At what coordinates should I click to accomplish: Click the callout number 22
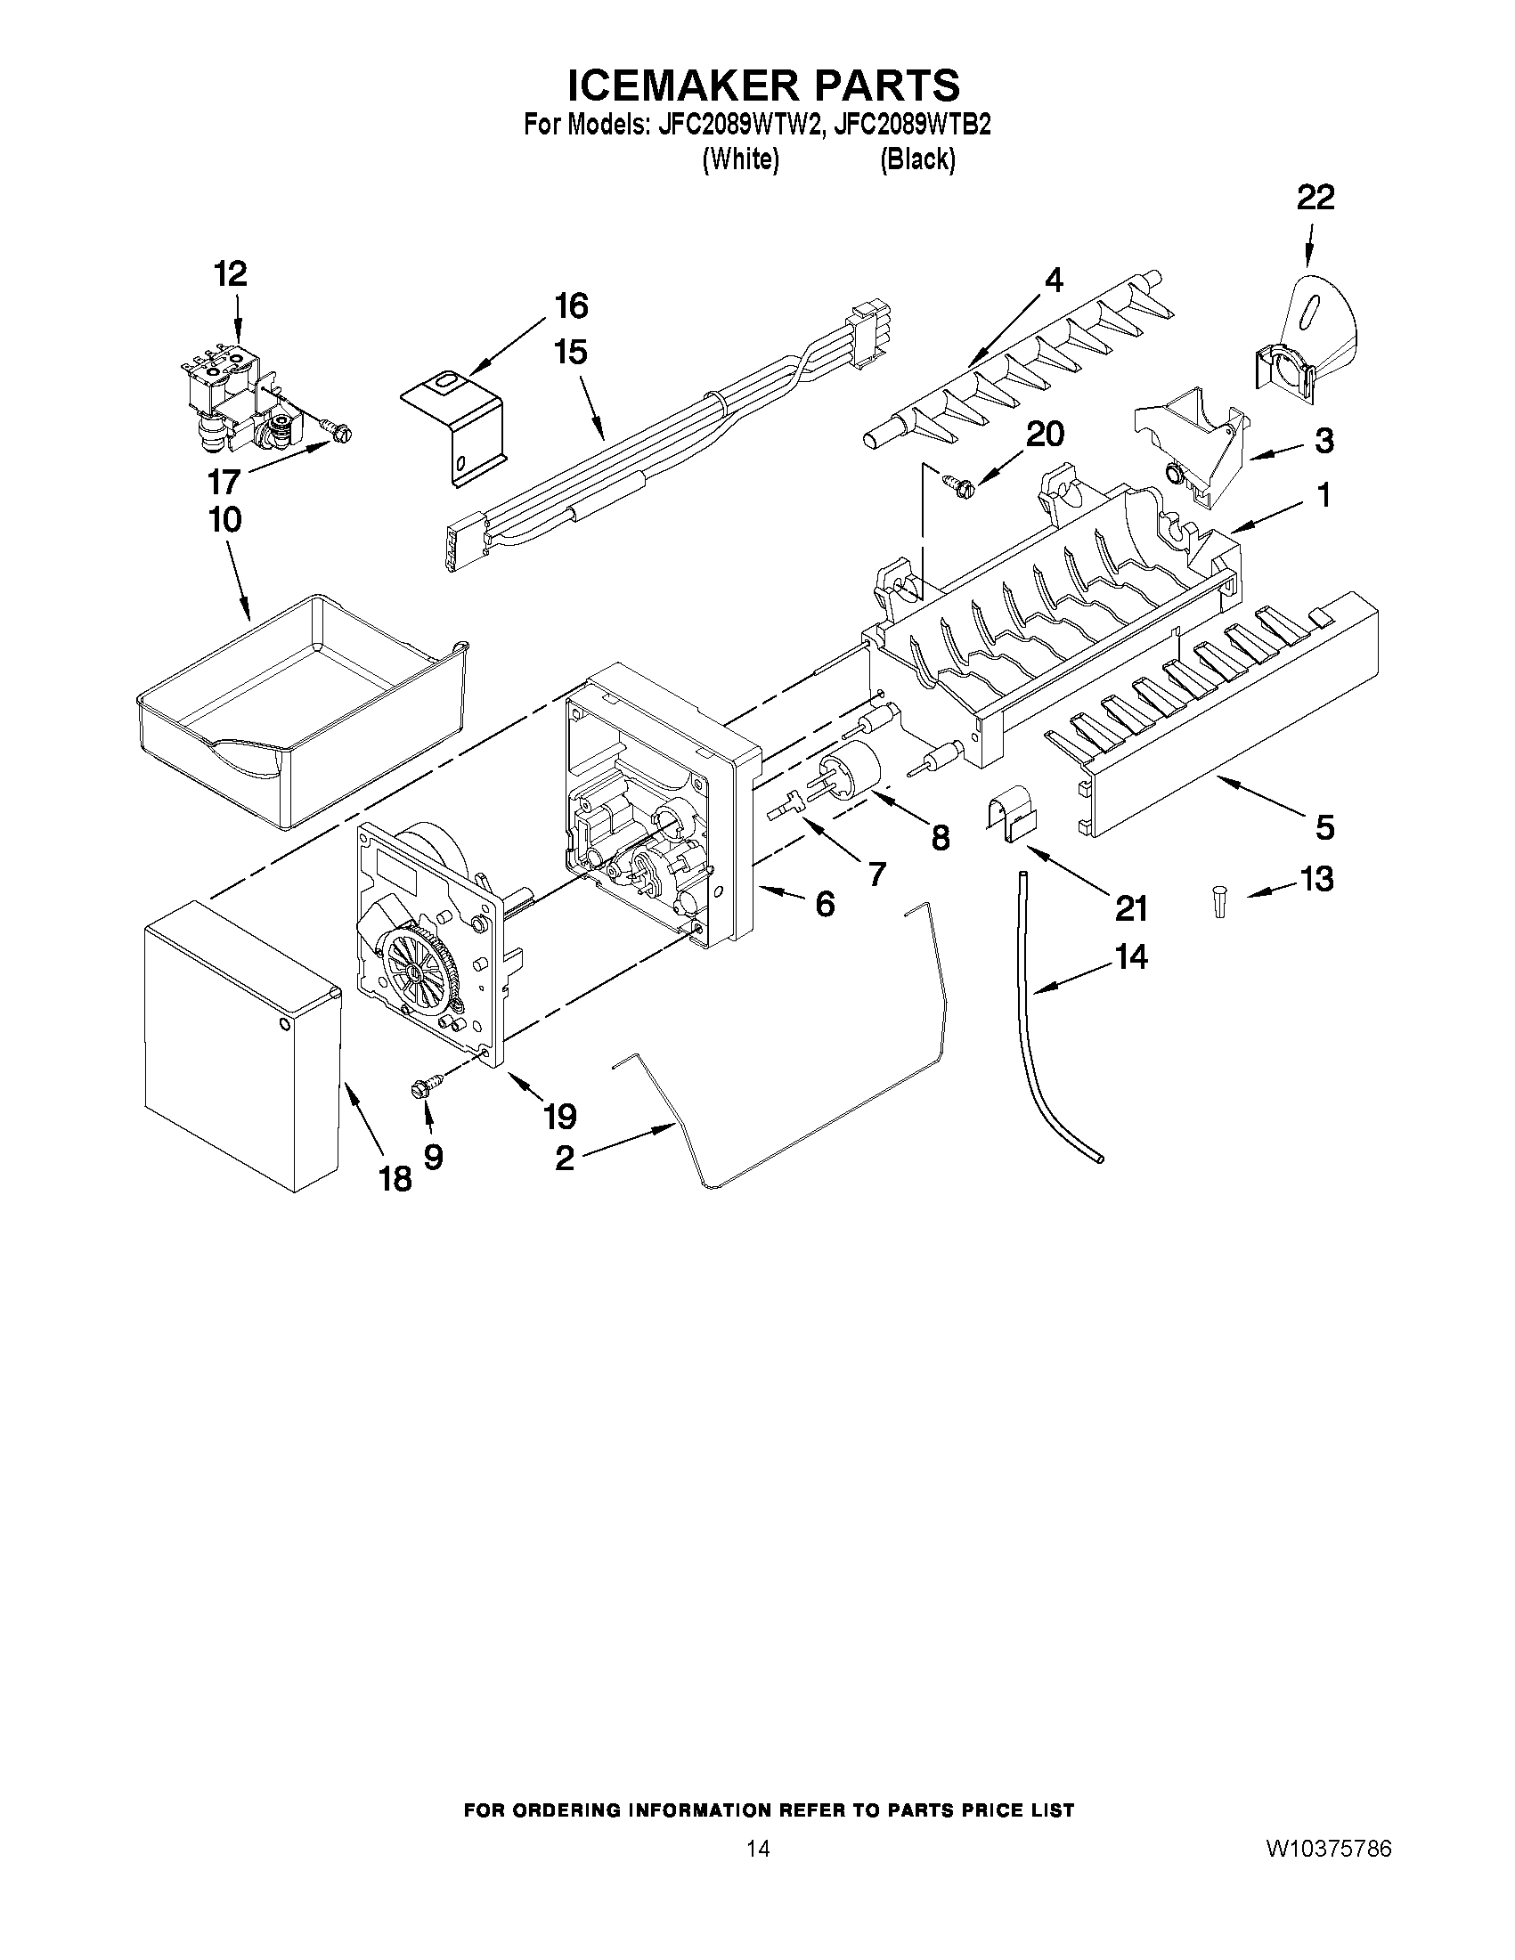pos(1315,198)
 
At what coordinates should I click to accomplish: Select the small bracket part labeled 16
pos(453,427)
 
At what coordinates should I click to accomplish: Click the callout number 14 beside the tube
pos(1131,957)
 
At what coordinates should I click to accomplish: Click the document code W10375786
pos(1328,1918)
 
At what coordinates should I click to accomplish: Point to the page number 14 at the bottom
pos(757,1918)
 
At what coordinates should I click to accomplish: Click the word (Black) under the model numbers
pos(917,159)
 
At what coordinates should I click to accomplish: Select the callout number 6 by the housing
pos(824,904)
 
